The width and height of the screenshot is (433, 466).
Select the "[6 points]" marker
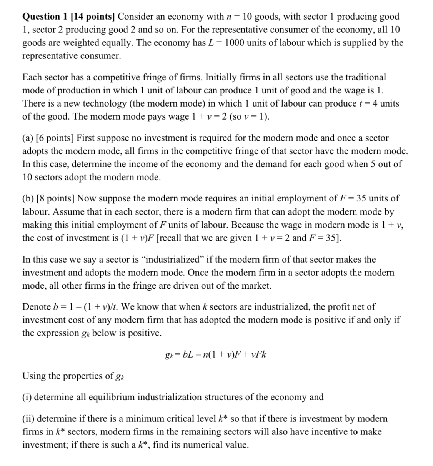[55, 138]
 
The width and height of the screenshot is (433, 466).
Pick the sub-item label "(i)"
[27, 397]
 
